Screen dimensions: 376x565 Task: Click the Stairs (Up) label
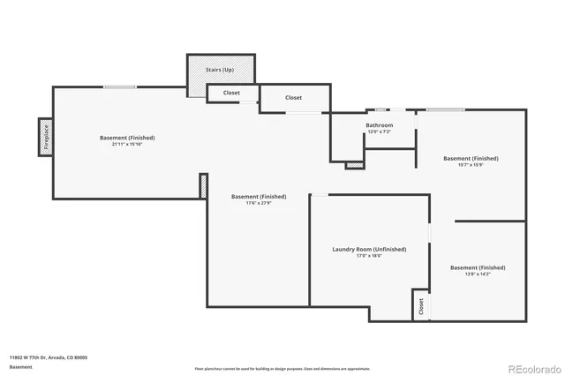(221, 68)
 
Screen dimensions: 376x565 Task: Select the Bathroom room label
(380, 125)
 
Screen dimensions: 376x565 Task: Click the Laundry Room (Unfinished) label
(369, 250)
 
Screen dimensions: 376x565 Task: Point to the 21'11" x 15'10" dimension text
(127, 144)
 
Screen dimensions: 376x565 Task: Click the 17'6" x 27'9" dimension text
(259, 203)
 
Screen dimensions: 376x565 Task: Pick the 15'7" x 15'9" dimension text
(471, 165)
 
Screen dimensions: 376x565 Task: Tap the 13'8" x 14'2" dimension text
(478, 274)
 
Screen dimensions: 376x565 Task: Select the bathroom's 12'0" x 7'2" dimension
(380, 132)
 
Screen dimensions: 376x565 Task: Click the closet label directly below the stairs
(231, 93)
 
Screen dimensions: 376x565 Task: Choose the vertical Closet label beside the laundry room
(421, 305)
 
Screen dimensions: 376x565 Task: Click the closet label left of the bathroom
(293, 98)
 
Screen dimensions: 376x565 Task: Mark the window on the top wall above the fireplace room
(119, 86)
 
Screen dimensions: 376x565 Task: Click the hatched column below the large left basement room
(203, 185)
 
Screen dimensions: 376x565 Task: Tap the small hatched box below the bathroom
(354, 164)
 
